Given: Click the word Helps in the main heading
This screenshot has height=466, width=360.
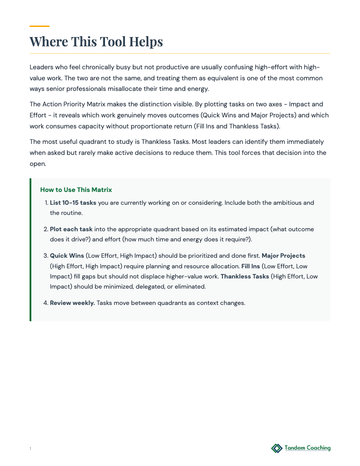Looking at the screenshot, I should click(x=146, y=41).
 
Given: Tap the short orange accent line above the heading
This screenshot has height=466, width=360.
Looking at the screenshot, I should click(x=39, y=26).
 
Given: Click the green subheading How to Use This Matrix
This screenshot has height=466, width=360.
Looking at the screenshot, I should click(x=76, y=190).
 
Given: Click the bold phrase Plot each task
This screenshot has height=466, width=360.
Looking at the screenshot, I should click(x=71, y=229).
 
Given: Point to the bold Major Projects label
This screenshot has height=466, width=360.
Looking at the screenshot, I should click(x=283, y=256).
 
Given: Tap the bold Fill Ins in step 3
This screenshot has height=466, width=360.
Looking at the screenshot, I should click(x=251, y=266).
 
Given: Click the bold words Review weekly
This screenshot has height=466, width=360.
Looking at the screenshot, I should click(x=72, y=303).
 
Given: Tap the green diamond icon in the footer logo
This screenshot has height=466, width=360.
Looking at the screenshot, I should click(x=277, y=448).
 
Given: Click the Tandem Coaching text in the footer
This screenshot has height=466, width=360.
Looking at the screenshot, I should click(x=307, y=448).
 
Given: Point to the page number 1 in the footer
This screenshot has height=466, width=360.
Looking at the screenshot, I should click(x=30, y=449).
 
